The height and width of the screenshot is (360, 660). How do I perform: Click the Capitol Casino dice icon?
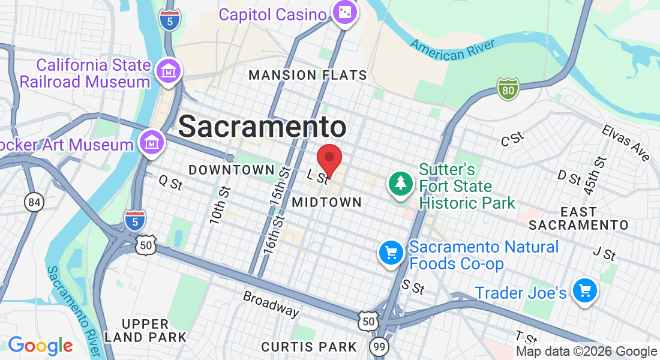click(x=345, y=13)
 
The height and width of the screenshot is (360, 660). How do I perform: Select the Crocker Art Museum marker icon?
click(x=151, y=143)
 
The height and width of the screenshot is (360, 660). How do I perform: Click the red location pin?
click(x=329, y=160)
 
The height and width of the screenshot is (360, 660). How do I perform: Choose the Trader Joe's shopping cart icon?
click(x=584, y=292)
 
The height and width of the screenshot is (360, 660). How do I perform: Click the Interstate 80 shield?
click(x=508, y=89)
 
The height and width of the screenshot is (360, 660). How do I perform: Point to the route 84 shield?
click(x=34, y=202)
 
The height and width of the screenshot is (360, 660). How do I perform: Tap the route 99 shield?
click(x=378, y=346)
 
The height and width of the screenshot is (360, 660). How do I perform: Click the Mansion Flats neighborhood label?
click(x=307, y=75)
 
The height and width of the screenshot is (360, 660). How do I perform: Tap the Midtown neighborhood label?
click(x=326, y=203)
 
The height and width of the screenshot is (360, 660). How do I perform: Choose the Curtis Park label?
click(x=309, y=346)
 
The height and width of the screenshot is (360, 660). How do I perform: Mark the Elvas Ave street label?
click(x=626, y=143)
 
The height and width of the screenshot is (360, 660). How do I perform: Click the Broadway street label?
click(x=271, y=304)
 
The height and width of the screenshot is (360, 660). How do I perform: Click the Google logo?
click(x=40, y=346)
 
